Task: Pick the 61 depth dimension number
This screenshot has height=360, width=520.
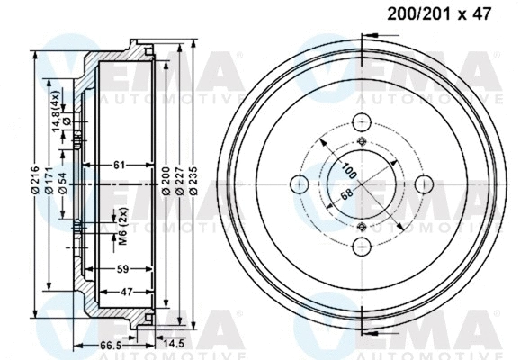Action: [119, 165]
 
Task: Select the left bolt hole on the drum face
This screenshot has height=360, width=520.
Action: [299, 184]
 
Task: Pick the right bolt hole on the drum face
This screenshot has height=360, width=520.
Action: [426, 184]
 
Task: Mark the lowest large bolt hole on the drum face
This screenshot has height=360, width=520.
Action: [363, 247]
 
